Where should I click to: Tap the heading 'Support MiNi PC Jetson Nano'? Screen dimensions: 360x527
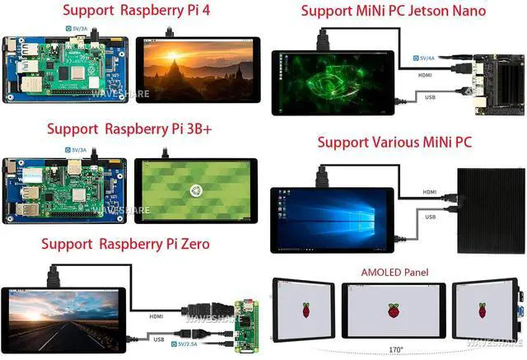click(392, 12)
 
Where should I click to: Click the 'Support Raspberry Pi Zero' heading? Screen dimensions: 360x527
click(124, 244)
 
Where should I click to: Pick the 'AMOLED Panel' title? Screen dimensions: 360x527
click(394, 272)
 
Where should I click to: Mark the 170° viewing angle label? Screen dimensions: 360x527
click(395, 349)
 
